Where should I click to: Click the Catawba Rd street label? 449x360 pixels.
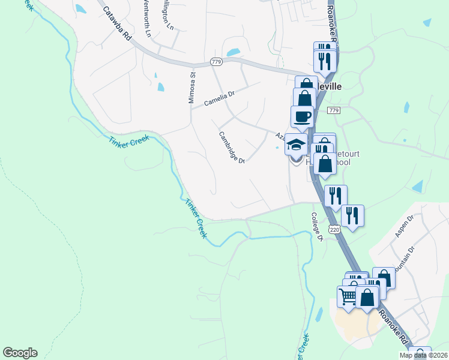pyautogui.click(x=116, y=23)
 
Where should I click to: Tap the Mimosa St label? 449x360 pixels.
pyautogui.click(x=193, y=88)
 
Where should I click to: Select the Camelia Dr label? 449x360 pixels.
pyautogui.click(x=221, y=95)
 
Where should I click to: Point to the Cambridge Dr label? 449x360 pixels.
pyautogui.click(x=232, y=148)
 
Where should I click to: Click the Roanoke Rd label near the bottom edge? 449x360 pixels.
pyautogui.click(x=395, y=328)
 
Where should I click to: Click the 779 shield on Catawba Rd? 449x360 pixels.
pyautogui.click(x=216, y=62)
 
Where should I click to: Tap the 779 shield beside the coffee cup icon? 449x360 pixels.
pyautogui.click(x=334, y=110)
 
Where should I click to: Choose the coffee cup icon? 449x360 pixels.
pyautogui.click(x=302, y=116)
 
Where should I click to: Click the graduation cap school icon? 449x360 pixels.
pyautogui.click(x=296, y=144)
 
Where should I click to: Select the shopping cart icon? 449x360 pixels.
pyautogui.click(x=348, y=296)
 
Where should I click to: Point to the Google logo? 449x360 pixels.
pyautogui.click(x=20, y=353)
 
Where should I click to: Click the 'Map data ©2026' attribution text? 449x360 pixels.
pyautogui.click(x=424, y=355)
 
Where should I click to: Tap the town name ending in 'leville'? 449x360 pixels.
pyautogui.click(x=330, y=86)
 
